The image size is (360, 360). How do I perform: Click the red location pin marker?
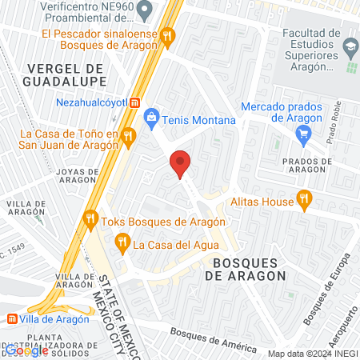tap(181, 164)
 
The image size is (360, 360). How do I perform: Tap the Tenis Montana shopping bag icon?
tap(151, 119)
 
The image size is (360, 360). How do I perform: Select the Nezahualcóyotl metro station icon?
tap(135, 102)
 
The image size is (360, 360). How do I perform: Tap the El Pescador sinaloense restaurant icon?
tap(167, 35)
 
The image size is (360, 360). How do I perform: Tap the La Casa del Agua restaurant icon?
tap(122, 240)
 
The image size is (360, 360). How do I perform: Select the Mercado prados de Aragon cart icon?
tap(303, 135)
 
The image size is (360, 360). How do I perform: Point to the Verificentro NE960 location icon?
tap(145, 11)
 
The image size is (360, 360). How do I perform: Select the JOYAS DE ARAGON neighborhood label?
tap(78, 177)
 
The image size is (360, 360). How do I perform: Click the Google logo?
tap(26, 350)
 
